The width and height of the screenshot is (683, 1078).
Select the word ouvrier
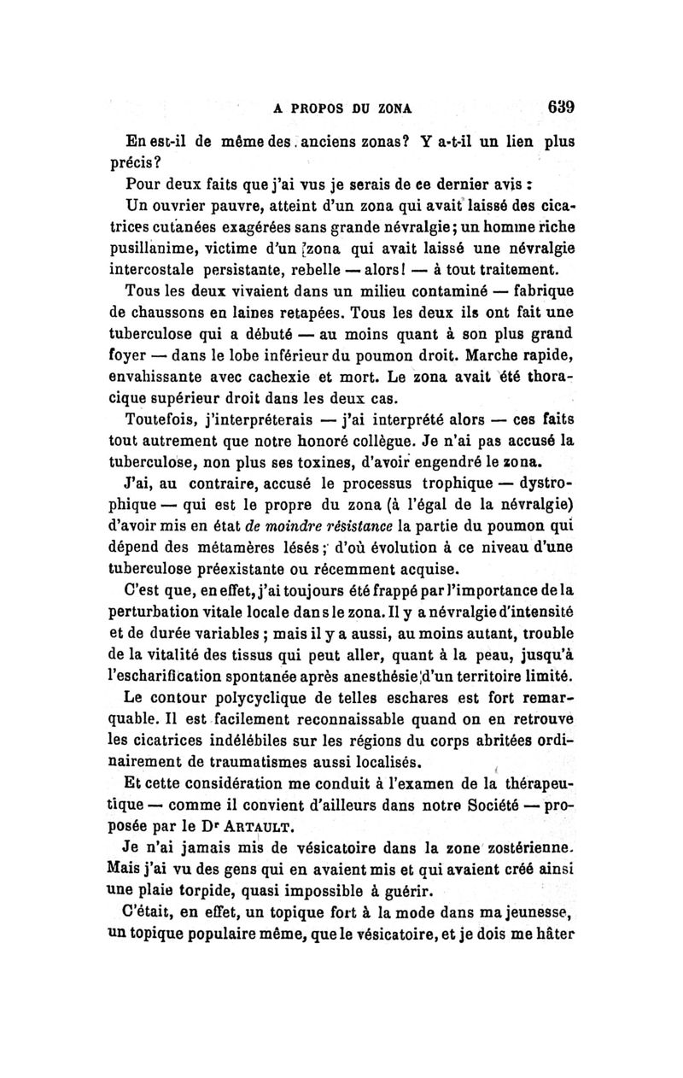pyautogui.click(x=181, y=206)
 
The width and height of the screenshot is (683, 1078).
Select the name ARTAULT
pyautogui.click(x=291, y=824)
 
